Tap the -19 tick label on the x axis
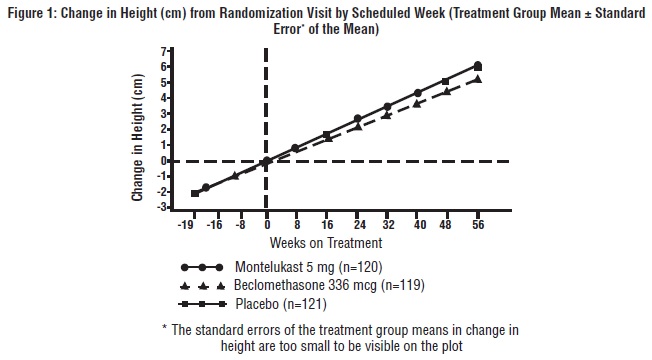pos(186,227)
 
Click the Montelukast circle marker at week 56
pos(478,65)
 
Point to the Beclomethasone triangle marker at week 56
pos(478,79)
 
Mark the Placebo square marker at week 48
pos(446,81)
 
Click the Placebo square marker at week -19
pos(194,193)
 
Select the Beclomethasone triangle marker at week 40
pos(417,104)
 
